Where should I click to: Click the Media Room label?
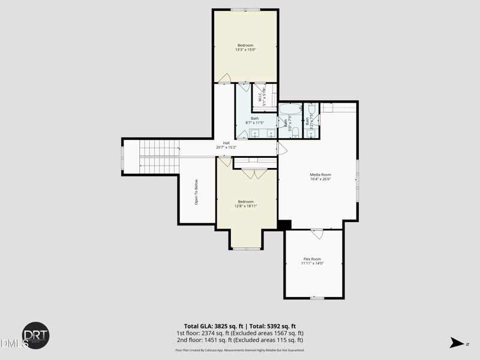tap(320, 175)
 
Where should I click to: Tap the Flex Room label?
tap(311, 259)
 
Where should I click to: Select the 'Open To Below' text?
tap(196, 193)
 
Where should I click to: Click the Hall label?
tap(226, 143)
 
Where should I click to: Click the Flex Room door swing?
tap(317, 233)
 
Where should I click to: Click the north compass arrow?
tap(457, 343)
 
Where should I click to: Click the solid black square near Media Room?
tap(284, 224)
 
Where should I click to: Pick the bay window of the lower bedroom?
tap(245, 248)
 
